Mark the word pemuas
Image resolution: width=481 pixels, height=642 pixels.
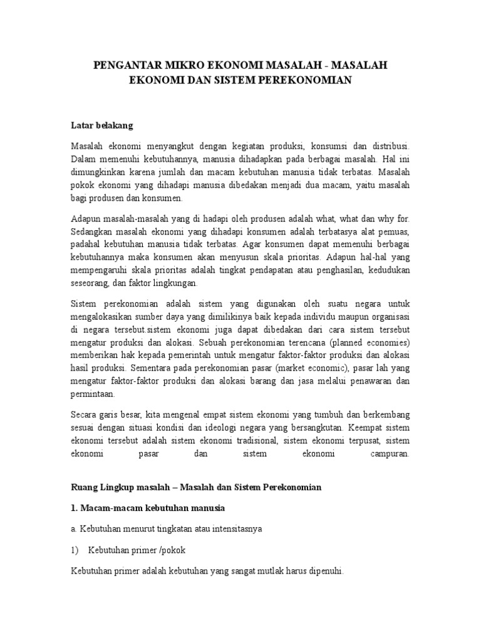(x=393, y=231)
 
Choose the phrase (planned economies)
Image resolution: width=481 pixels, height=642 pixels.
(x=368, y=343)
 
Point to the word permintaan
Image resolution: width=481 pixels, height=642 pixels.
(x=96, y=395)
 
